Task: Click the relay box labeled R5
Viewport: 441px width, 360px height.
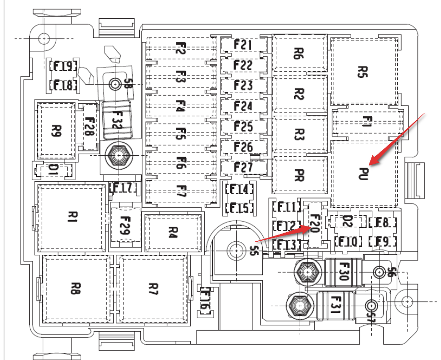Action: (364, 72)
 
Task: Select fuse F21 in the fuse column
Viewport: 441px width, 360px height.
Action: (244, 45)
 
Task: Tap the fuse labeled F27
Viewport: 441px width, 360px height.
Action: (244, 167)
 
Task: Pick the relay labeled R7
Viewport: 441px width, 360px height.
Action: (153, 288)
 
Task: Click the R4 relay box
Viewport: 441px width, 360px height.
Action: (173, 233)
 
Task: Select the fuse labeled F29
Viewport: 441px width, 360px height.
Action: (125, 225)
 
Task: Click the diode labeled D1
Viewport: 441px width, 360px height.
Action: (53, 169)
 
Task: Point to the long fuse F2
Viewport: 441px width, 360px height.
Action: (180, 49)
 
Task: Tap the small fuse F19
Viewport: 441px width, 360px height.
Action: (63, 67)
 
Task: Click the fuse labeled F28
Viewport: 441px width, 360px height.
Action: (89, 126)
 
